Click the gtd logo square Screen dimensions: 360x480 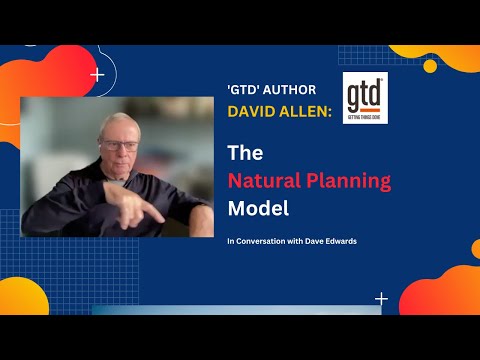click(365, 98)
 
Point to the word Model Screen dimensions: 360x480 click(256, 210)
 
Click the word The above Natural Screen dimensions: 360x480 click(245, 154)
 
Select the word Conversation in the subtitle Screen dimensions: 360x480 click(262, 242)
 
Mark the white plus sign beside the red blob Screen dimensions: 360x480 click(97, 74)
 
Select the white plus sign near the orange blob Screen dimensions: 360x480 click(381, 298)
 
